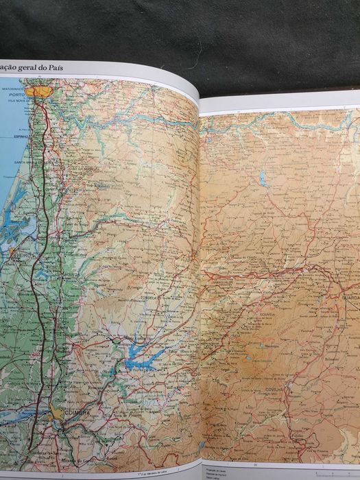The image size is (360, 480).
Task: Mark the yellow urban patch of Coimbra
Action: click(58, 411)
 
